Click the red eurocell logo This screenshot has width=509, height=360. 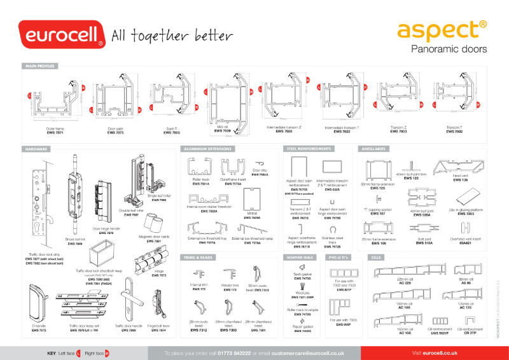[x=61, y=34]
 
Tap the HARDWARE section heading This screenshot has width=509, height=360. [x=36, y=148]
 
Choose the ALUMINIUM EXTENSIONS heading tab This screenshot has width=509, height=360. [x=207, y=148]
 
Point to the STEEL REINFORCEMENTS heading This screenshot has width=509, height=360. [x=308, y=148]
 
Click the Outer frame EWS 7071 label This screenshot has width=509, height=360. [x=55, y=130]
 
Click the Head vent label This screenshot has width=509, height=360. [x=461, y=178]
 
